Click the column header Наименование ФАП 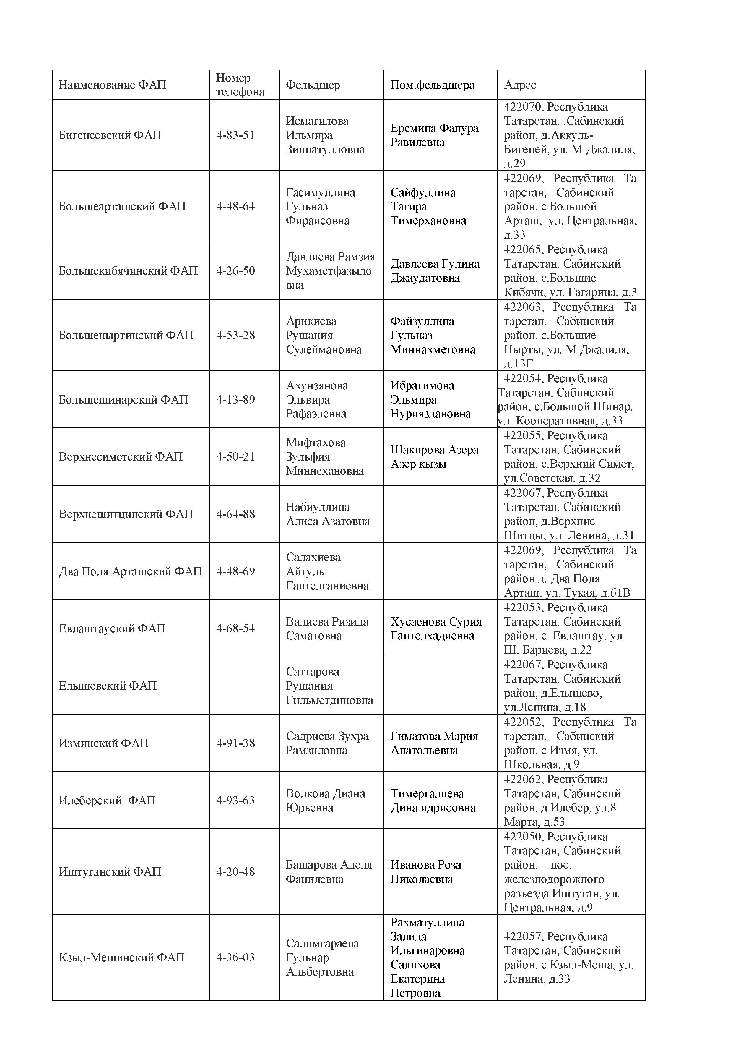point(112,85)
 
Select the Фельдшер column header point(313,85)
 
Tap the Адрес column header point(520,85)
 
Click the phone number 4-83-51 point(235,135)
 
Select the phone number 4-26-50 point(235,270)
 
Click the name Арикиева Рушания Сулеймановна point(324,335)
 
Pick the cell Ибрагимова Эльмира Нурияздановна point(430,399)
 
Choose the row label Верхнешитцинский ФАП point(126,514)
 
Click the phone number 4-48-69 point(235,571)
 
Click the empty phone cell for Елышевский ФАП point(244,686)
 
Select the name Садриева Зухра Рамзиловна point(327,743)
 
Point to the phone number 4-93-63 point(235,800)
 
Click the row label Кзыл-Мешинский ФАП point(121,957)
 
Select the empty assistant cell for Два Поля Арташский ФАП point(440,571)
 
